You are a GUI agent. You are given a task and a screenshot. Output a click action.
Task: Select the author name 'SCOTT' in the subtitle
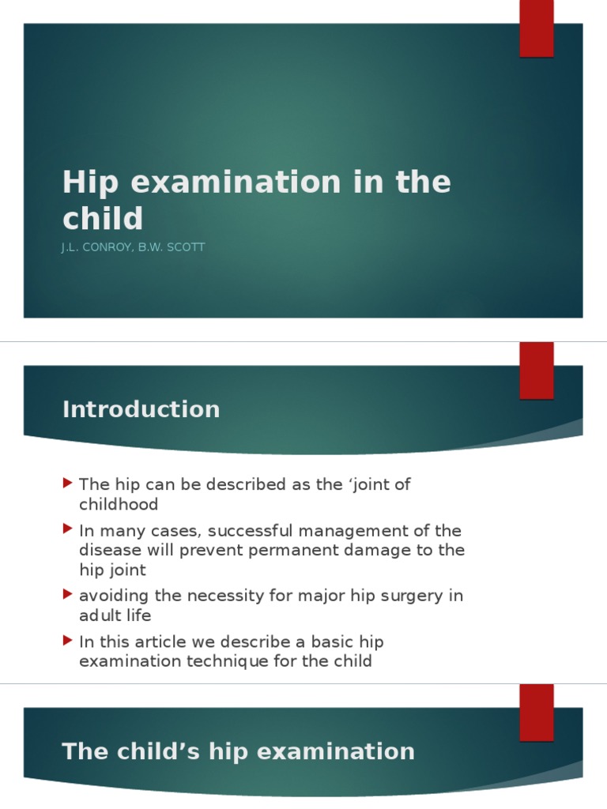(188, 247)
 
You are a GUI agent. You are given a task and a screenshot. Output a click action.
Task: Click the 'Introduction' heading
(141, 409)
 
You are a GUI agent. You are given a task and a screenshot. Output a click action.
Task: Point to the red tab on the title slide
(536, 28)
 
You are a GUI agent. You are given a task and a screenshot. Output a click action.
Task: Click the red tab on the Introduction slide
(536, 370)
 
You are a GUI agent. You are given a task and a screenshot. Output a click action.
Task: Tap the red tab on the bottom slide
(536, 712)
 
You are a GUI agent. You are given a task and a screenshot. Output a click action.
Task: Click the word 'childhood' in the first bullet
(119, 504)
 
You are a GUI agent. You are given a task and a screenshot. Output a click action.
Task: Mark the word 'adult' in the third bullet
(99, 615)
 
